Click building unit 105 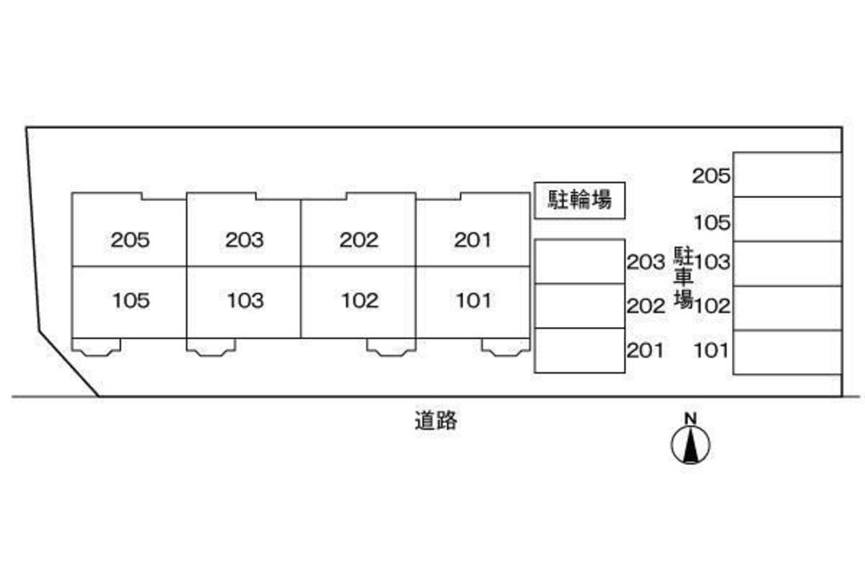click(x=129, y=301)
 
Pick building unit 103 click(x=243, y=301)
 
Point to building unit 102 click(x=358, y=301)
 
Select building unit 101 click(x=473, y=301)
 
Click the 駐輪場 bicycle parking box click(x=580, y=200)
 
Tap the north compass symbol click(x=690, y=443)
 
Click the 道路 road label click(x=436, y=421)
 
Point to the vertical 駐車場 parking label click(x=682, y=277)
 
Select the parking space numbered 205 click(x=787, y=175)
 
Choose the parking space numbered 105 click(x=787, y=219)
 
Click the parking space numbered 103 click(x=787, y=264)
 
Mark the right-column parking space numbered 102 click(x=787, y=308)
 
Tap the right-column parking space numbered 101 click(x=787, y=353)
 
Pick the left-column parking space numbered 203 click(x=579, y=261)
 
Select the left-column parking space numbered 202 click(x=579, y=306)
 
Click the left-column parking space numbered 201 click(x=579, y=350)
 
